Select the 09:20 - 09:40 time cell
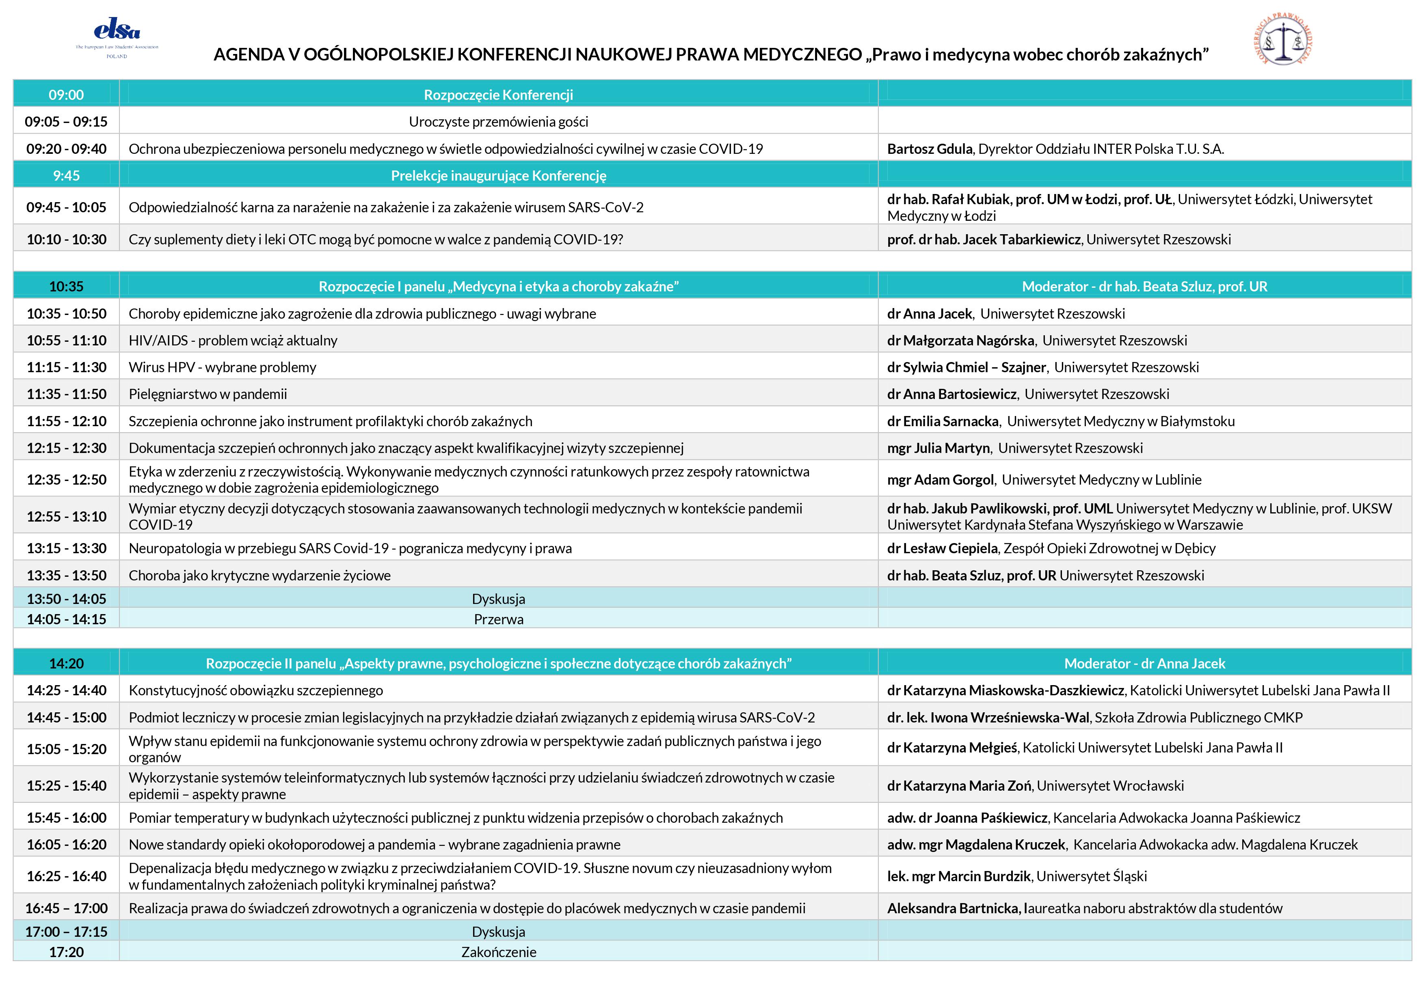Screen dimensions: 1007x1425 (x=67, y=149)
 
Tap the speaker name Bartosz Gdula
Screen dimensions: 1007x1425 (x=930, y=149)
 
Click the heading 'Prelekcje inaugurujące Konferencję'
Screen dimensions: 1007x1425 (x=498, y=176)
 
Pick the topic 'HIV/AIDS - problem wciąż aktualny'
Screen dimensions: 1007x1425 (x=233, y=341)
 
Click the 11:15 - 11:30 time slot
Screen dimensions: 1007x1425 (x=67, y=367)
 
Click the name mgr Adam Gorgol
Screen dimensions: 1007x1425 (x=940, y=480)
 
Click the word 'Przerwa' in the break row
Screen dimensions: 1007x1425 (x=498, y=619)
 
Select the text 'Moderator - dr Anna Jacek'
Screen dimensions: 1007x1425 (x=1144, y=663)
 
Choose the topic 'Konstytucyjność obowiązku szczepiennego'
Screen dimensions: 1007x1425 (x=256, y=690)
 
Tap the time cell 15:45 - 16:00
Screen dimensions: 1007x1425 (x=67, y=818)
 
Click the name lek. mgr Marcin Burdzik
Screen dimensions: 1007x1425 (x=959, y=876)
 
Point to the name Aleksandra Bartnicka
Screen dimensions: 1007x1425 (x=953, y=908)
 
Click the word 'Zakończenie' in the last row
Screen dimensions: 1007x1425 (x=498, y=952)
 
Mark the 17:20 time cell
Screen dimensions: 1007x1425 (x=67, y=952)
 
